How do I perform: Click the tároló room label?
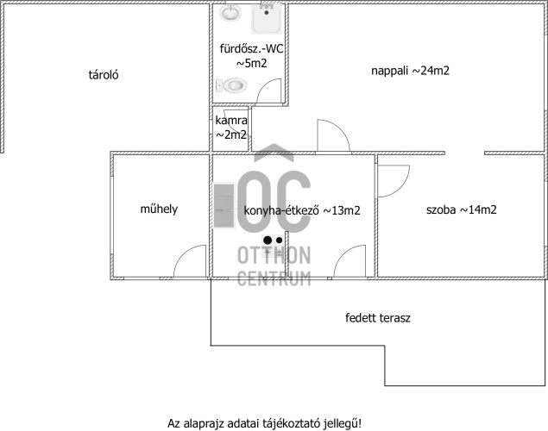tap(104, 75)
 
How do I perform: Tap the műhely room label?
tap(159, 209)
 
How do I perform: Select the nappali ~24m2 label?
tap(410, 71)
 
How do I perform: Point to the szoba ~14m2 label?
tap(462, 209)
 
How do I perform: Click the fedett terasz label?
tap(378, 318)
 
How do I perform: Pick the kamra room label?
tap(231, 121)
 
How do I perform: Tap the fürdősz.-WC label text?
tap(252, 48)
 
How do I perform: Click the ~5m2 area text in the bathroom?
tap(252, 64)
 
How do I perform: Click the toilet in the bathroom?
tap(231, 85)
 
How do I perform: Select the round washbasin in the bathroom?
tap(230, 13)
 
